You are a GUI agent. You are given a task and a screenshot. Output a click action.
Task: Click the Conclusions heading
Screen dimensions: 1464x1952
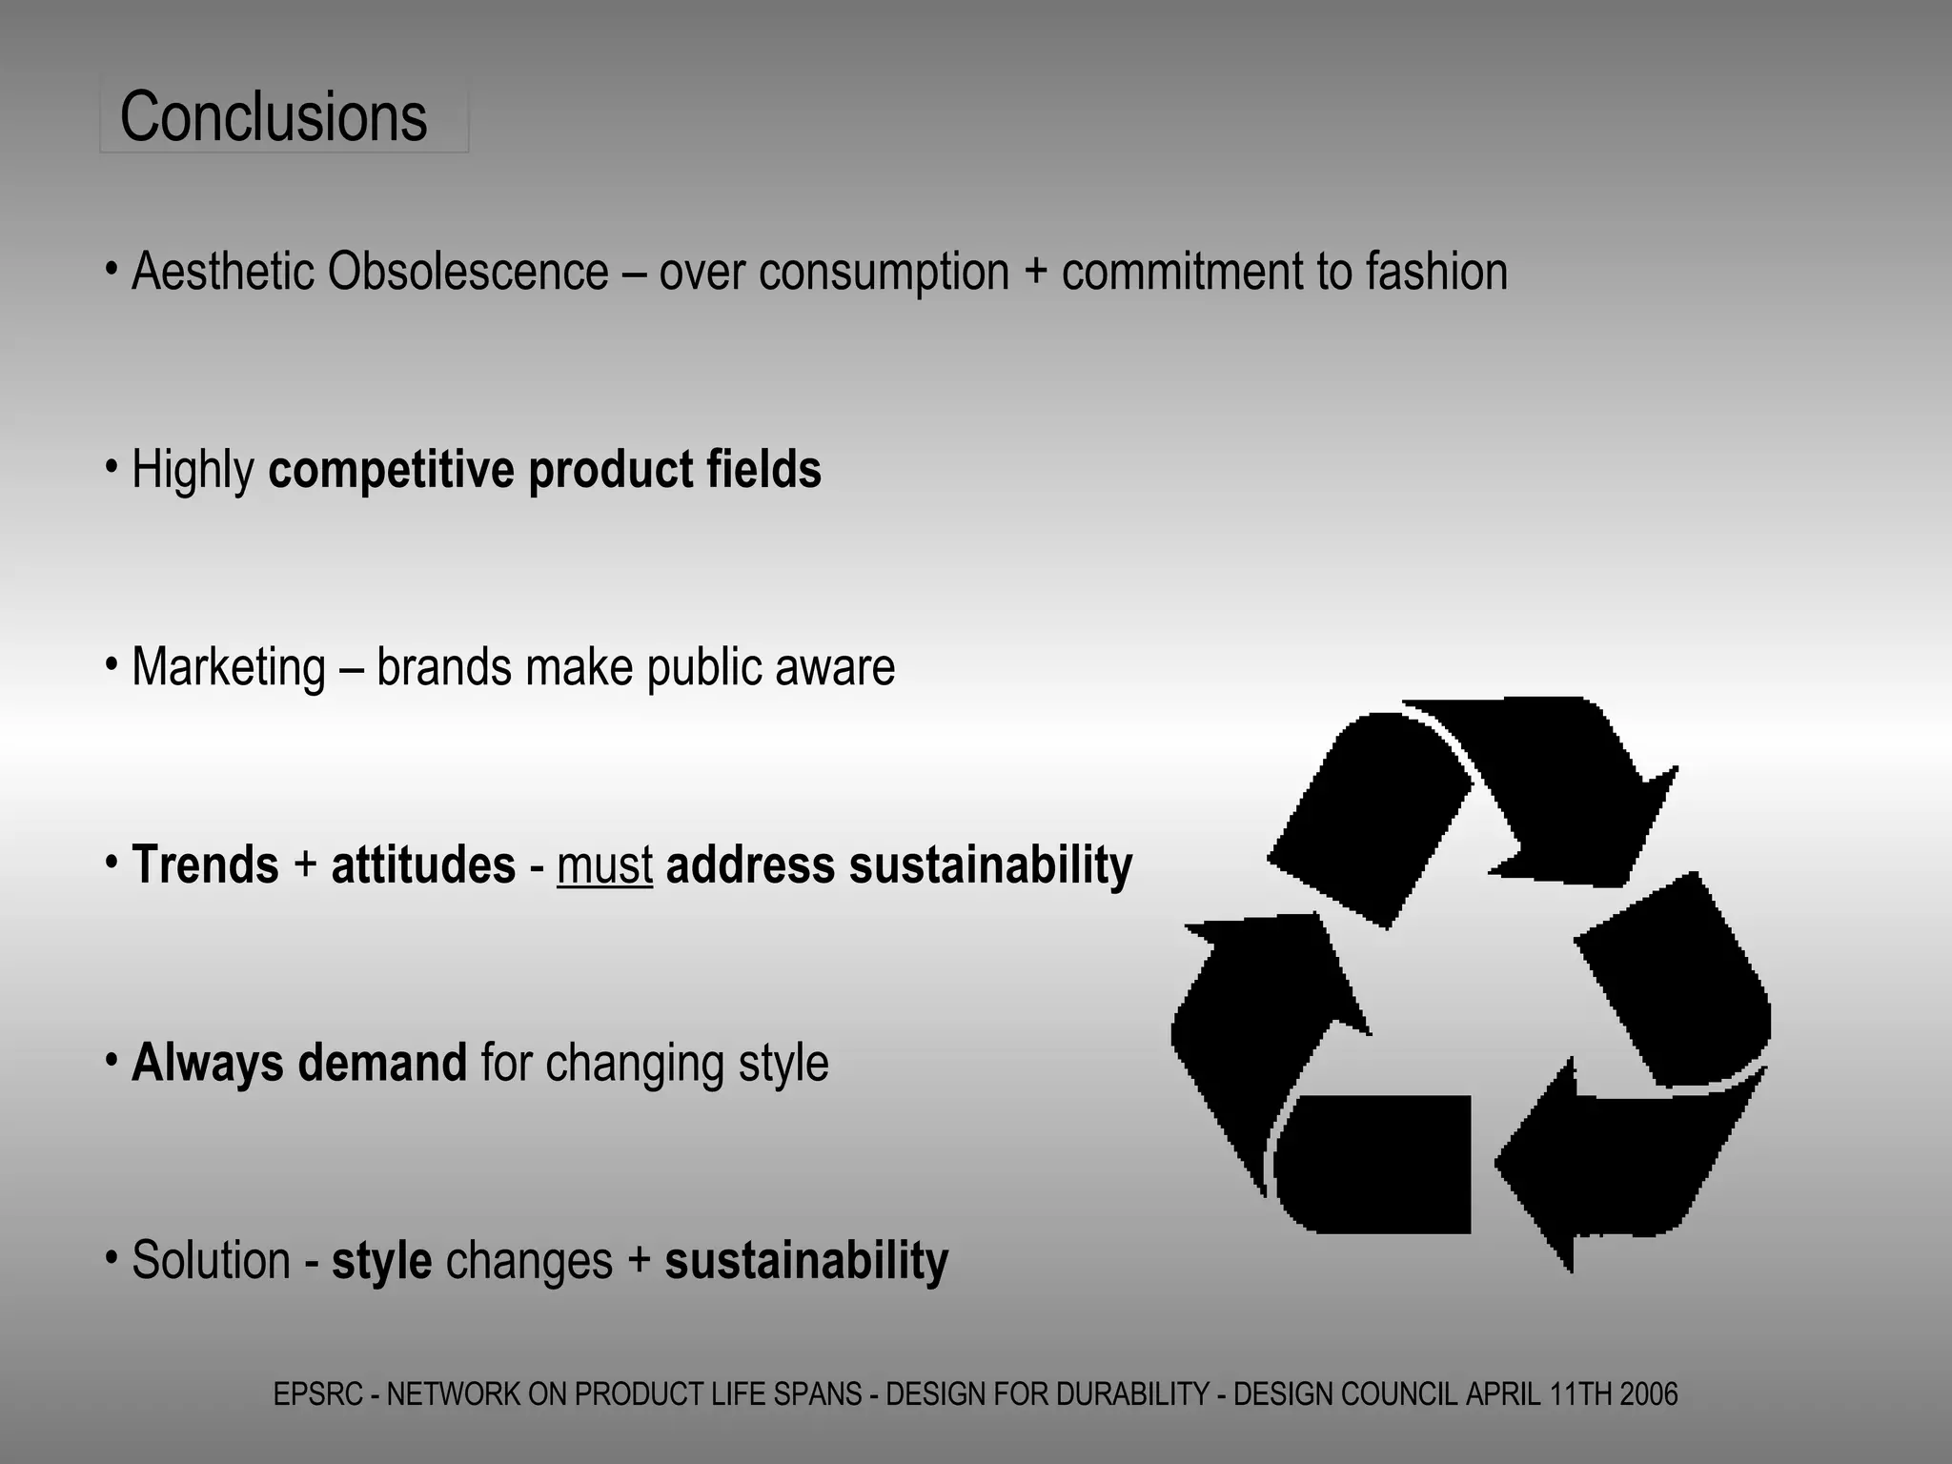[x=274, y=117]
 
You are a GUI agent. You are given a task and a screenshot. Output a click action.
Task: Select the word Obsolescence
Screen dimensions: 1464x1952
[x=468, y=272]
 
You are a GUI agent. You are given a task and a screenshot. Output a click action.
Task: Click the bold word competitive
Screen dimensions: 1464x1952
[x=391, y=470]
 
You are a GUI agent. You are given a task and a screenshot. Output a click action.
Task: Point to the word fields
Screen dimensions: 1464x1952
[x=763, y=470]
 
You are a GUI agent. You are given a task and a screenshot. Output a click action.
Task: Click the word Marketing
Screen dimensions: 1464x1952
[x=229, y=667]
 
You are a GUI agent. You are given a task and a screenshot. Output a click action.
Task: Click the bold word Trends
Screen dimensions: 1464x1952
[x=205, y=865]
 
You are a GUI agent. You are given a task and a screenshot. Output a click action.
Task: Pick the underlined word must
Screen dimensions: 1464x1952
[x=604, y=865]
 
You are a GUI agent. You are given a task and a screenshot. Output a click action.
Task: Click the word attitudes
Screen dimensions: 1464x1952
[x=423, y=865]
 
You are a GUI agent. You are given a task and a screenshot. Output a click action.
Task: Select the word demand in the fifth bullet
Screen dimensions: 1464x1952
[x=382, y=1063]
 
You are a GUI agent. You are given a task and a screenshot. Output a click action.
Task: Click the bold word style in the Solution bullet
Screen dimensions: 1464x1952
[x=381, y=1261]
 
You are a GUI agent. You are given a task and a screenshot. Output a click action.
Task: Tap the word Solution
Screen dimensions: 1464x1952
[x=211, y=1261]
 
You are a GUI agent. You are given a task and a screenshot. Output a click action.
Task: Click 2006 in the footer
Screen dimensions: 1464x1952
[x=1648, y=1394]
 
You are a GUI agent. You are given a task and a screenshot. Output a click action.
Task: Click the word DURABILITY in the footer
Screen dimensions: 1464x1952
[x=1132, y=1394]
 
